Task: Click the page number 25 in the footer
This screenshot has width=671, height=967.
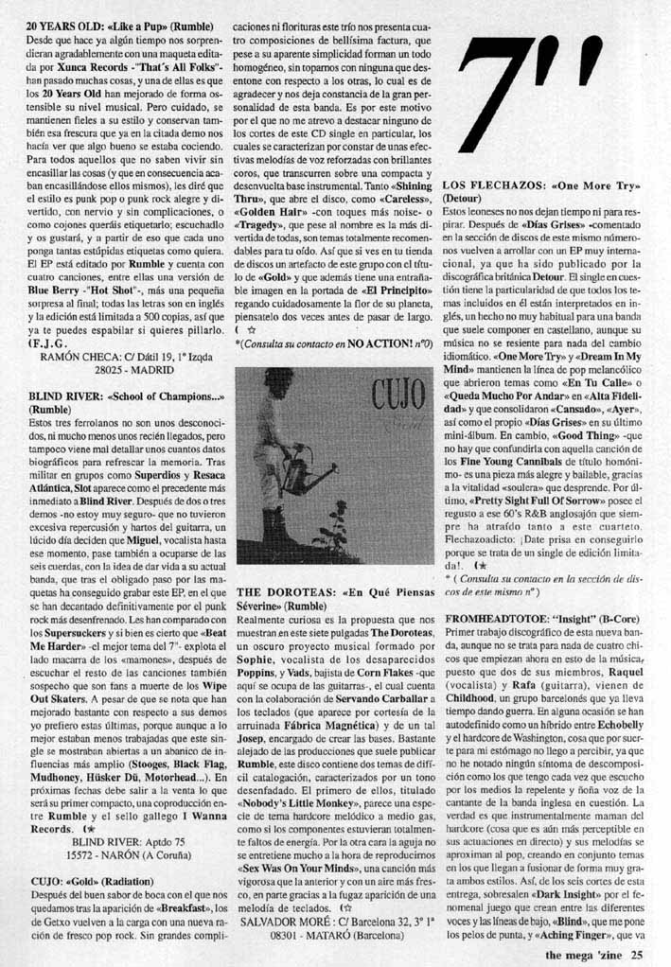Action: (638, 955)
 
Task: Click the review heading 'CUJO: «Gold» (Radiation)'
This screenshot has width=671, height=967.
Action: (97, 880)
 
